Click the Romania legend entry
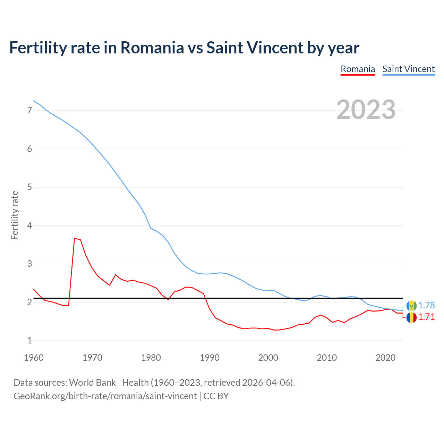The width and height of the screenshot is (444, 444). pyautogui.click(x=358, y=69)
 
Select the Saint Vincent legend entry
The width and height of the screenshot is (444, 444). pyautogui.click(x=408, y=69)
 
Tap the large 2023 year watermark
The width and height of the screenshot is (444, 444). pyautogui.click(x=366, y=110)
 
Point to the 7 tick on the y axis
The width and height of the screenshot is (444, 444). pyautogui.click(x=29, y=111)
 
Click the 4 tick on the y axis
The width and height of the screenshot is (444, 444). pyautogui.click(x=29, y=226)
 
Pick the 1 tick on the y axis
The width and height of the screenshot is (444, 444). pyautogui.click(x=29, y=341)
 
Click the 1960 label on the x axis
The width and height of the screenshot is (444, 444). pyautogui.click(x=34, y=358)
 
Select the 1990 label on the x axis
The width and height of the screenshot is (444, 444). pyautogui.click(x=210, y=358)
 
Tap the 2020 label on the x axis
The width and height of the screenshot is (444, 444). pyautogui.click(x=385, y=358)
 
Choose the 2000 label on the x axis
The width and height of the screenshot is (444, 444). pyautogui.click(x=268, y=358)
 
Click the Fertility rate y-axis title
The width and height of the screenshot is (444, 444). pyautogui.click(x=15, y=215)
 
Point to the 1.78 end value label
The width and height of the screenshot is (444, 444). pyautogui.click(x=426, y=306)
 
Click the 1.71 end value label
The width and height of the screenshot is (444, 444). pyautogui.click(x=426, y=317)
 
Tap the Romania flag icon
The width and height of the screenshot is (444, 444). pyautogui.click(x=411, y=317)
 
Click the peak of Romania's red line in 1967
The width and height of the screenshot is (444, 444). pyautogui.click(x=75, y=238)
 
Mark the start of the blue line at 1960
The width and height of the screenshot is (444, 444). pyautogui.click(x=34, y=101)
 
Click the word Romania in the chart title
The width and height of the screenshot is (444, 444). pyautogui.click(x=152, y=48)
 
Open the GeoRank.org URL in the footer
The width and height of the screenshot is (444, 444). pyautogui.click(x=105, y=396)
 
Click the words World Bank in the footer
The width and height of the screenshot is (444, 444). pyautogui.click(x=92, y=383)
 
